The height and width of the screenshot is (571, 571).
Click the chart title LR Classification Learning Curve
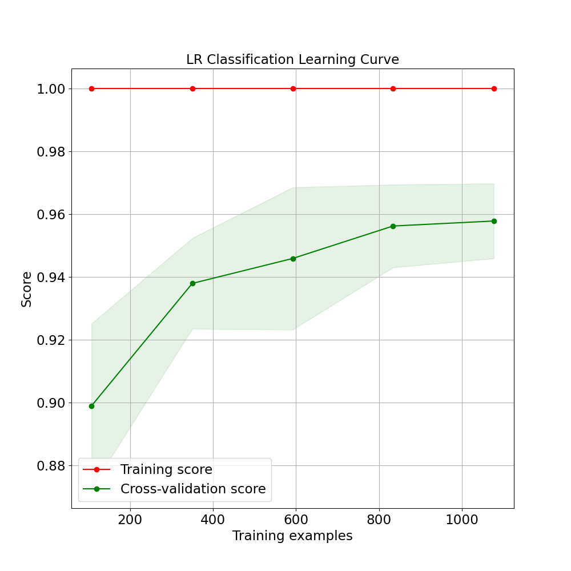[292, 59]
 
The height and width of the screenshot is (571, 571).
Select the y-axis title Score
[27, 289]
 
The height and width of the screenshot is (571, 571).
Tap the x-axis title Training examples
[292, 536]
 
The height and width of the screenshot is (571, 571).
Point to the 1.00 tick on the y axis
[51, 89]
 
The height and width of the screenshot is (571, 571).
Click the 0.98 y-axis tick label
[51, 152]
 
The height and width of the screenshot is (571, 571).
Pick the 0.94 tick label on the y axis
[51, 278]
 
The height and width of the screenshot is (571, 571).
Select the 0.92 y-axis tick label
[51, 340]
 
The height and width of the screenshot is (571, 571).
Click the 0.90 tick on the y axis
[51, 403]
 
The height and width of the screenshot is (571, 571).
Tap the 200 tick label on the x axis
[130, 520]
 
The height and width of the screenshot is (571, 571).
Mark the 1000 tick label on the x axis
[461, 520]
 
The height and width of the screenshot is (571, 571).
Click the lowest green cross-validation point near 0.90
[91, 406]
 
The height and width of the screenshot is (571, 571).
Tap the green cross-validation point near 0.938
[192, 283]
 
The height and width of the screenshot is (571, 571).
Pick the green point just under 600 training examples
[293, 259]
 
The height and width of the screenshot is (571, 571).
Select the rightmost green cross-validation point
[494, 221]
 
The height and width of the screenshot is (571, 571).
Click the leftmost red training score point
[91, 89]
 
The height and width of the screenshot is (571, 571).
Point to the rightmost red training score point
[494, 89]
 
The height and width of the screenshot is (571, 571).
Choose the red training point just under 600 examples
[293, 89]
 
